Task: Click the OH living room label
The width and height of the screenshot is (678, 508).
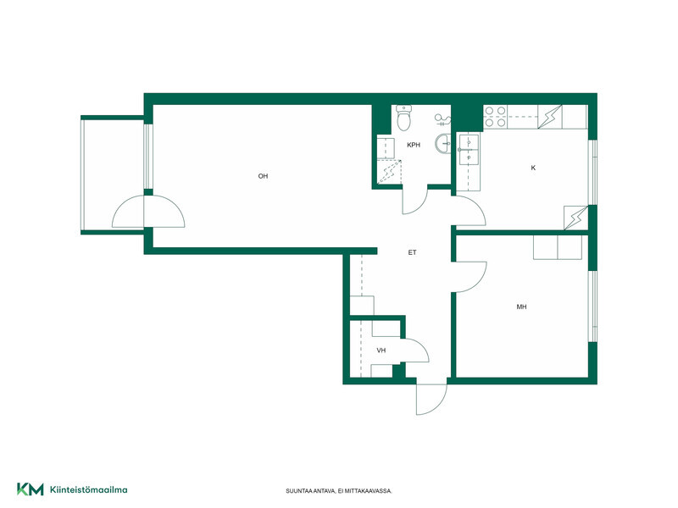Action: pyautogui.click(x=263, y=176)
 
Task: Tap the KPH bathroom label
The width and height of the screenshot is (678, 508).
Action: pyautogui.click(x=414, y=145)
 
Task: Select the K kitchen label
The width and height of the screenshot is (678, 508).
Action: pyautogui.click(x=533, y=168)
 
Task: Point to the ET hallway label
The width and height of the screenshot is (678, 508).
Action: pyautogui.click(x=412, y=252)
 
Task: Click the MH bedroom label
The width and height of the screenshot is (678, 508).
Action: pyautogui.click(x=521, y=307)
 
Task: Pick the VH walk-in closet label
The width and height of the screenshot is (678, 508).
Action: pyautogui.click(x=381, y=351)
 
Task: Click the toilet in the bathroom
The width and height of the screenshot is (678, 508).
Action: pyautogui.click(x=404, y=118)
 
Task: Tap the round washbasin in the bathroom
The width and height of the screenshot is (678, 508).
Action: pyautogui.click(x=442, y=144)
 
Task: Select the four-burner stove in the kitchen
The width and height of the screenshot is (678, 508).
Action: pyautogui.click(x=496, y=117)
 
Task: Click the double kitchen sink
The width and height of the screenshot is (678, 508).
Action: pyautogui.click(x=469, y=151)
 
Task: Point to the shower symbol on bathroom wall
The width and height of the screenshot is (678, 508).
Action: pyautogui.click(x=443, y=119)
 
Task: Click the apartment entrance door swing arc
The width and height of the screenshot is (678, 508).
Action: pyautogui.click(x=437, y=406)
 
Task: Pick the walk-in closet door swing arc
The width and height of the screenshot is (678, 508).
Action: pyautogui.click(x=422, y=345)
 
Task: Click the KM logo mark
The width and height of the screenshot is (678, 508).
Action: pyautogui.click(x=31, y=489)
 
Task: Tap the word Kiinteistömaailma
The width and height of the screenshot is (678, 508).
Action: pyautogui.click(x=89, y=490)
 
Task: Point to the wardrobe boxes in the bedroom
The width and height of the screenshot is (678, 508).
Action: pyautogui.click(x=558, y=247)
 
